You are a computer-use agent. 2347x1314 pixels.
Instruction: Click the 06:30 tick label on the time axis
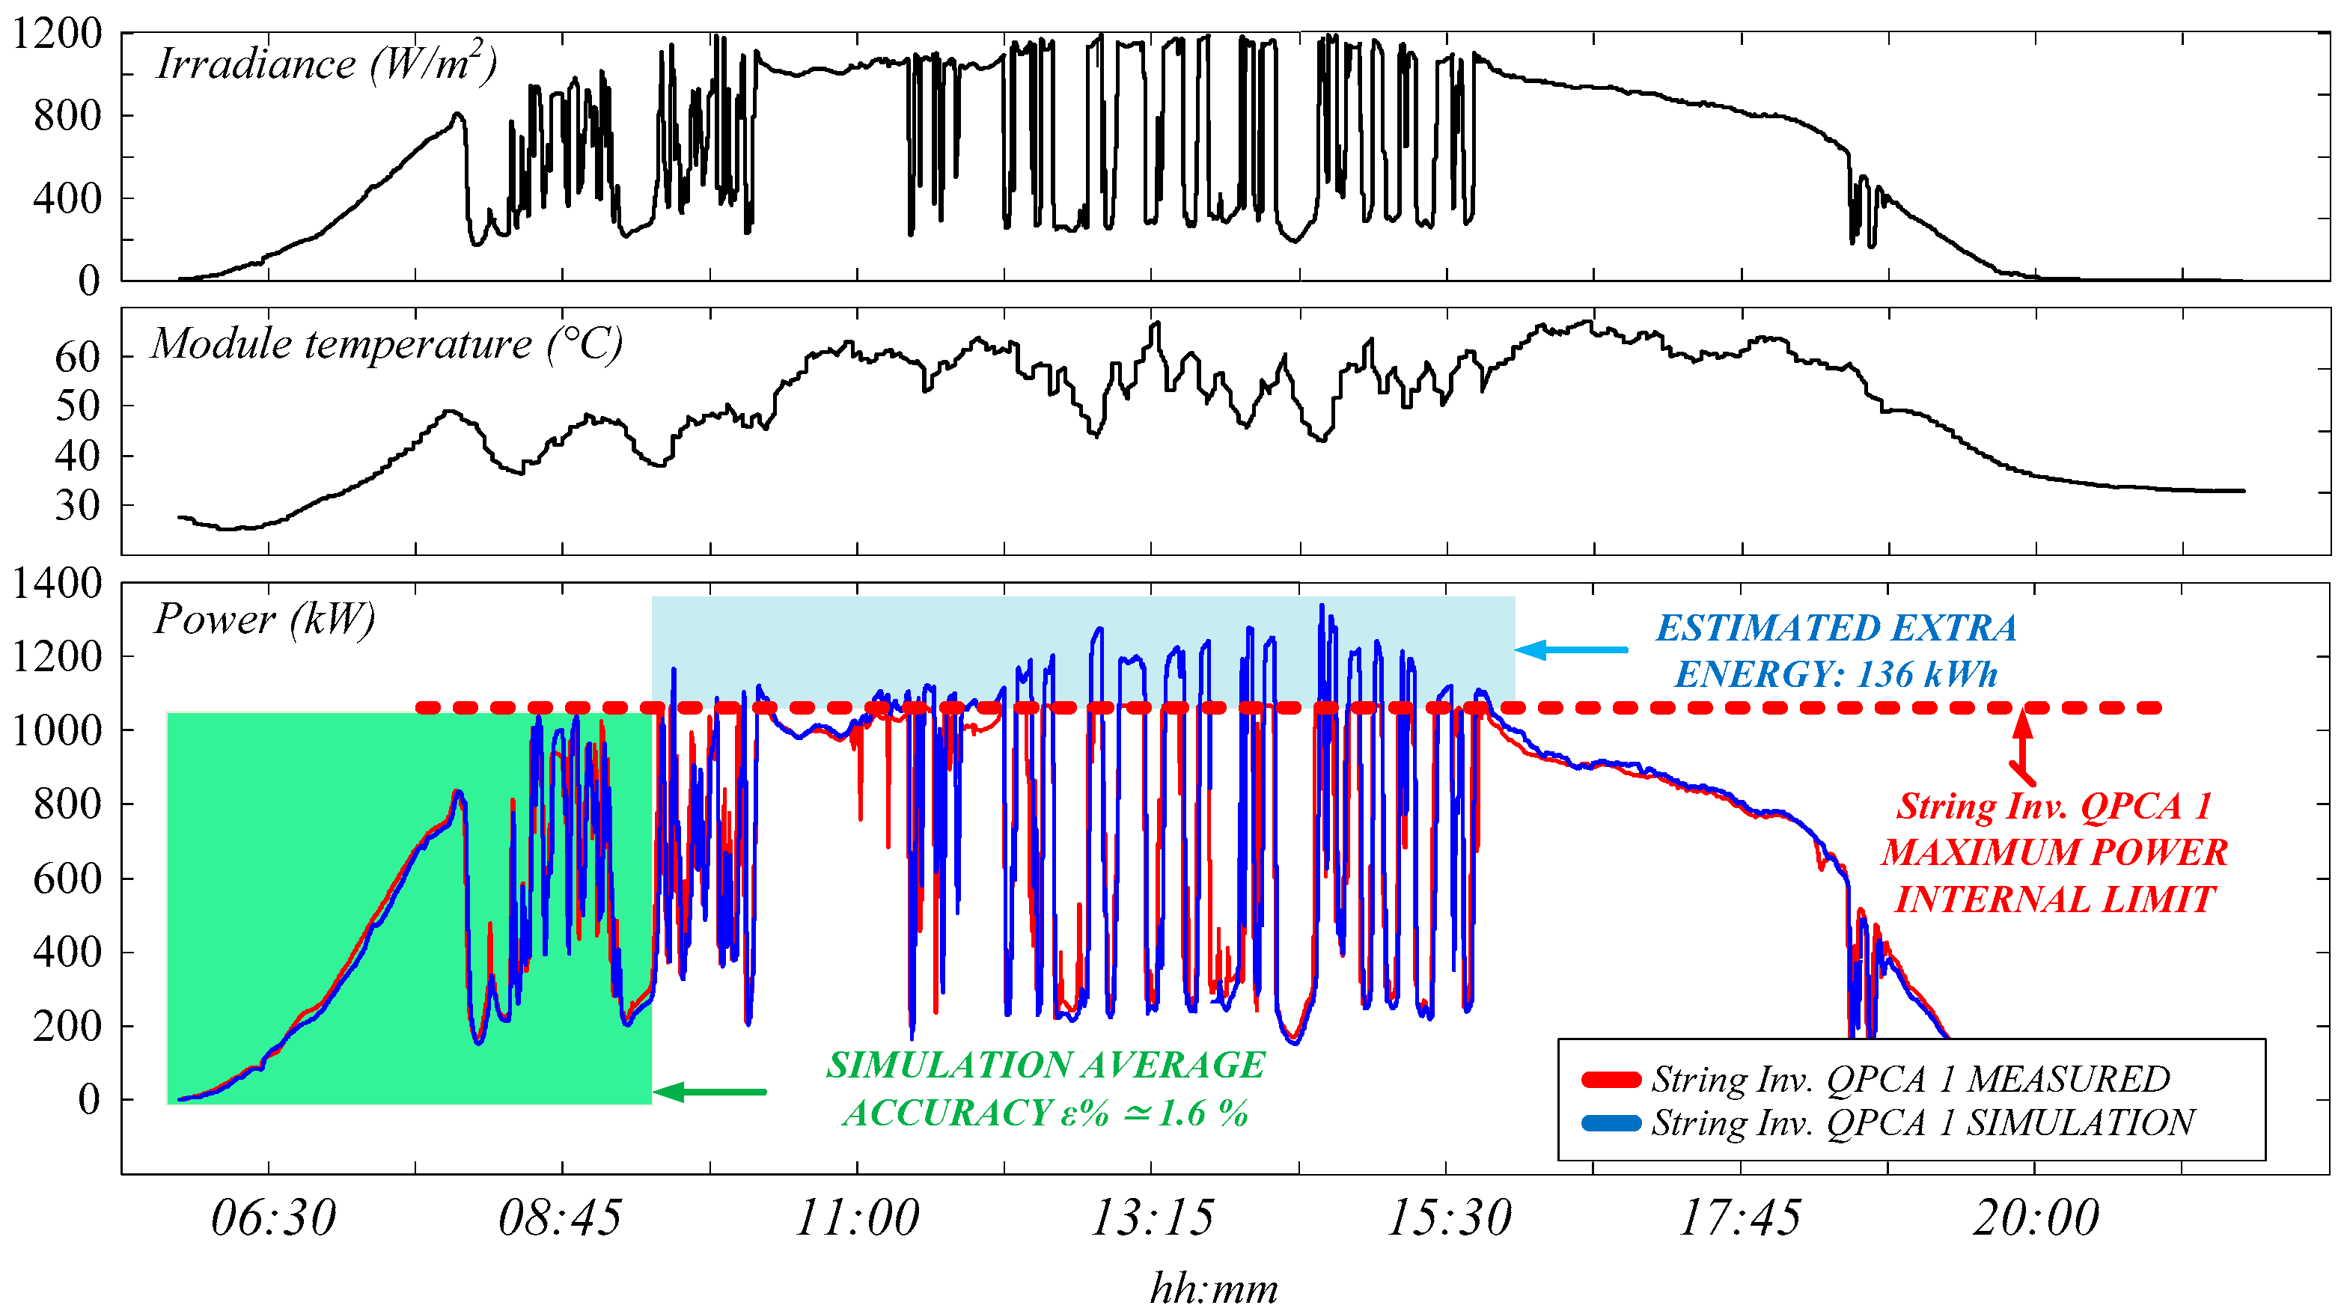[x=273, y=1217]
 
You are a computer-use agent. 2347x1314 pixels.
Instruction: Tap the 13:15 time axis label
[x=1152, y=1217]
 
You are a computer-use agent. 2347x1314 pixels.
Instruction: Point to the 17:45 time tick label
[x=1739, y=1217]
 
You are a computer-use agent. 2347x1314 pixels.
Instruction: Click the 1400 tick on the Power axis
[x=56, y=583]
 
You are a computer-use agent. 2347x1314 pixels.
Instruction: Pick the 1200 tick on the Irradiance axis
[x=56, y=34]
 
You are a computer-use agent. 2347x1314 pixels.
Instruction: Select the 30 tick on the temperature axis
[x=77, y=506]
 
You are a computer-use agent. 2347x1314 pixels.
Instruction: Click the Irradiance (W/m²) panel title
[x=326, y=64]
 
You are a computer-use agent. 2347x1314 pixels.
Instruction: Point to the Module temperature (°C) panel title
[x=386, y=344]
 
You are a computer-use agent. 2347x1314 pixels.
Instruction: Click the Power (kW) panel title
[x=264, y=620]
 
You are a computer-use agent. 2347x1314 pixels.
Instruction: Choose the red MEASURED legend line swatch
[x=1611, y=1080]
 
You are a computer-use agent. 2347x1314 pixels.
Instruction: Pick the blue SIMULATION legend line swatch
[x=1611, y=1122]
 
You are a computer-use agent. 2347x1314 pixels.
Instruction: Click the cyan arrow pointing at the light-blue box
[x=1571, y=650]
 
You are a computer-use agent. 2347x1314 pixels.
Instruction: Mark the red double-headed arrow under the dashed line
[x=2023, y=748]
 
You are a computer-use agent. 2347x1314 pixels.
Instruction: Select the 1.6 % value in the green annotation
[x=1203, y=1113]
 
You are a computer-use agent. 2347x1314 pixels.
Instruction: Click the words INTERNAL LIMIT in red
[x=2054, y=899]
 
